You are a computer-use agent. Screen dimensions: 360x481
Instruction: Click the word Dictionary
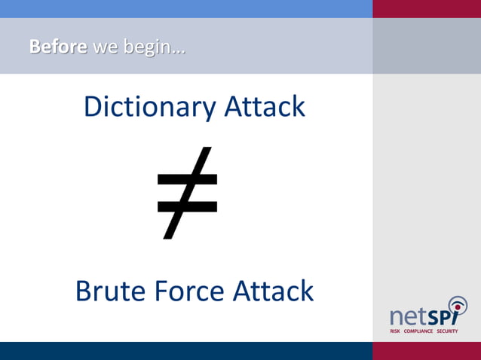148,107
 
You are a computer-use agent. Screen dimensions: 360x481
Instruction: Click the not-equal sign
187,193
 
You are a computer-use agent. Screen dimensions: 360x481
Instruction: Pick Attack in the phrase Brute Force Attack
273,291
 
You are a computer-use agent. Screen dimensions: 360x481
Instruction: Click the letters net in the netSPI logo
408,315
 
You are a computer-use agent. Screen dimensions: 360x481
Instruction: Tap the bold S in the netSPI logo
435,315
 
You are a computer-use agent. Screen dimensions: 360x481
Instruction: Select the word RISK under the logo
395,331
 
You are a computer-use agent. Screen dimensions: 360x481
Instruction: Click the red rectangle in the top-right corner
427,8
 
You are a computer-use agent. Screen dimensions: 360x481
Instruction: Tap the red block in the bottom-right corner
427,351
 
